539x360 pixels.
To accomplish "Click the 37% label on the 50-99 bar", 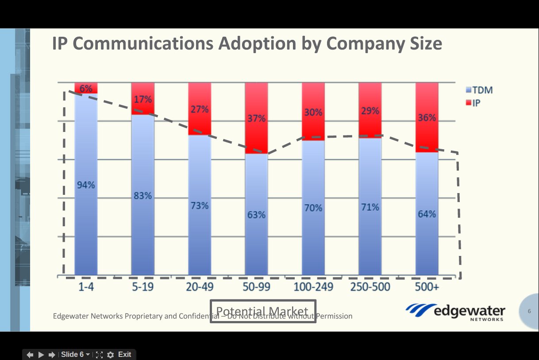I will pos(256,119).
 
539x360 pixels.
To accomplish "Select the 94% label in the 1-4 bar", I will pos(86,185).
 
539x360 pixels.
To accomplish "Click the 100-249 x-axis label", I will pos(313,287).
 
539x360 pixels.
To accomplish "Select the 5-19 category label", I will pos(142,287).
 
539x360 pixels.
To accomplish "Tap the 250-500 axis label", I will pos(370,287).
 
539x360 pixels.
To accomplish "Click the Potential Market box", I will pos(263,311).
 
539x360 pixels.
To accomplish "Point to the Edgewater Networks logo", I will pos(455,311).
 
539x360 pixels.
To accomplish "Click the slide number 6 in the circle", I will pos(529,311).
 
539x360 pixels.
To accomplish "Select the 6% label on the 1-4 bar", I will pos(86,89).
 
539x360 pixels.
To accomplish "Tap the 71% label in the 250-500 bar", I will pos(370,207).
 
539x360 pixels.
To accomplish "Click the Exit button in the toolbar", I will pos(124,354).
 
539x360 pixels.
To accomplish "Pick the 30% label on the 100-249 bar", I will pos(313,112).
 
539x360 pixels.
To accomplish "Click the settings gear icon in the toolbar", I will pos(111,355).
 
